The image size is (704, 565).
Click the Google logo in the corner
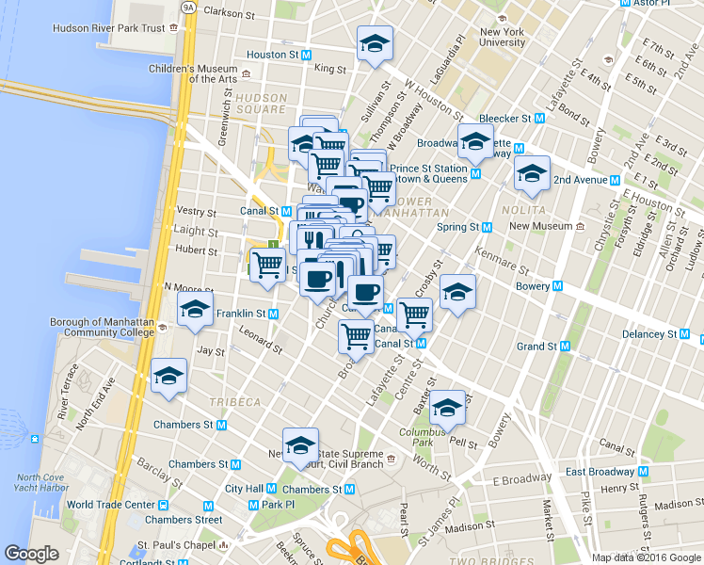31,554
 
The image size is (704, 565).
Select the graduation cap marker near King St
375,43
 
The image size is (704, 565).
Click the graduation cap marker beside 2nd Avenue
532,174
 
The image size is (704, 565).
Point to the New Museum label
540,227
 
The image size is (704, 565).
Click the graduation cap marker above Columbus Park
447,408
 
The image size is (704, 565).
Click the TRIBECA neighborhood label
236,402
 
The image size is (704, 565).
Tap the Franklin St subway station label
241,314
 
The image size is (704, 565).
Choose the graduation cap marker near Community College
195,310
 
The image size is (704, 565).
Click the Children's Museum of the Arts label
192,73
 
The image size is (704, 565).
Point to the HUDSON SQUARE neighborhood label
261,104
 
